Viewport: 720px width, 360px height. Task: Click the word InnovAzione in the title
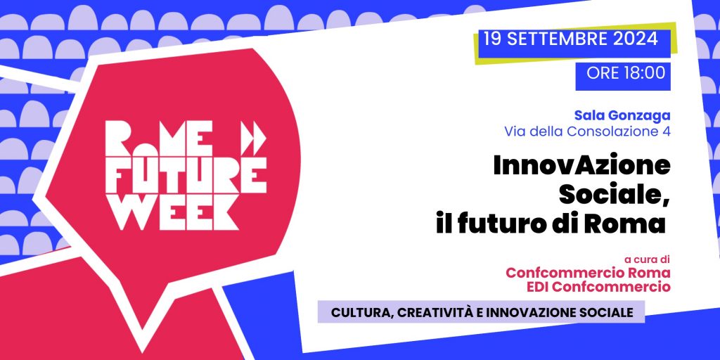(581, 166)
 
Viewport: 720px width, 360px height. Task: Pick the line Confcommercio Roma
(589, 272)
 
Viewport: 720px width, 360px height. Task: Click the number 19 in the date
(491, 39)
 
